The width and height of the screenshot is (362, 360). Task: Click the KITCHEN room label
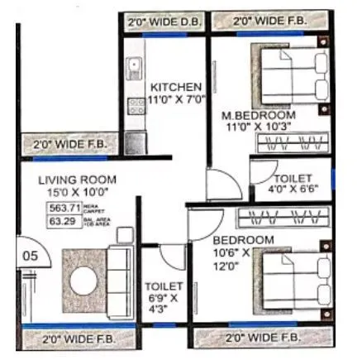click(x=174, y=86)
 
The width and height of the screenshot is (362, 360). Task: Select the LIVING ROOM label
click(x=78, y=180)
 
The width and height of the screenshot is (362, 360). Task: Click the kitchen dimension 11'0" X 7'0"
click(x=174, y=99)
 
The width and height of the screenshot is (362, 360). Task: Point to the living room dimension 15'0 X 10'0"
click(x=78, y=192)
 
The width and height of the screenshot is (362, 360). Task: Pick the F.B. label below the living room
click(x=80, y=338)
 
